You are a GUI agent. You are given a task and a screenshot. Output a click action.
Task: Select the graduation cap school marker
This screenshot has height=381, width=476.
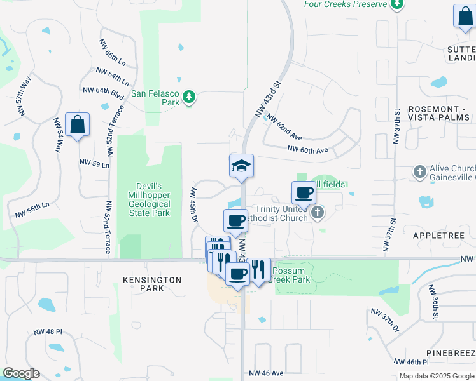click(241, 166)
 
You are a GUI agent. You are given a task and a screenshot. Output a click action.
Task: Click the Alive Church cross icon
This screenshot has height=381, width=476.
click(419, 171)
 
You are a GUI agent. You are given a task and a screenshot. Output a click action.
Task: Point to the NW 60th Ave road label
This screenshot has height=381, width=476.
click(307, 150)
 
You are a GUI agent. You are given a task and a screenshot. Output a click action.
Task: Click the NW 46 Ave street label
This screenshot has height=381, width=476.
click(266, 373)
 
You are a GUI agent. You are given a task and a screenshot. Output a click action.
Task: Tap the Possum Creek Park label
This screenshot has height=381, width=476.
click(292, 276)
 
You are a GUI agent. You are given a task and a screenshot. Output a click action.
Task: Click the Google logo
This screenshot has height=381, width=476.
click(21, 373)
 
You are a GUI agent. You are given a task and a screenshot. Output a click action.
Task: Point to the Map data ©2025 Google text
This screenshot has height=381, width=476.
click(436, 376)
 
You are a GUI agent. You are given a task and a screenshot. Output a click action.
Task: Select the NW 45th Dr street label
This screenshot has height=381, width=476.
click(193, 204)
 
